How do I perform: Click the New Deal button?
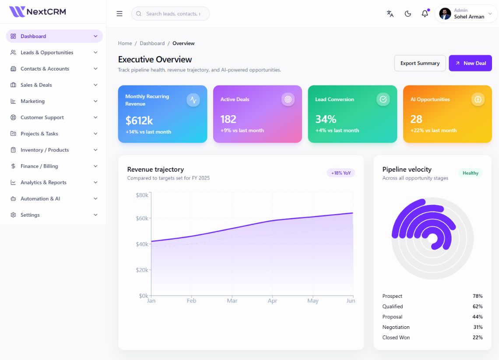[x=470, y=63]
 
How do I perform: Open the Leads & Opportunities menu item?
[x=47, y=53]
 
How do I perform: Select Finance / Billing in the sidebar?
[x=39, y=166]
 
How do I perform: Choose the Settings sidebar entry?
[x=30, y=215]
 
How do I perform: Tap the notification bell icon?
[x=425, y=14]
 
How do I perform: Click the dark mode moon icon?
[x=408, y=14]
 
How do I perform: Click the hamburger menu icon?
[x=119, y=14]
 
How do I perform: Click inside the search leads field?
[x=173, y=14]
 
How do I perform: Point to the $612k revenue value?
[x=139, y=120]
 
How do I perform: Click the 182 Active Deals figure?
[x=228, y=119]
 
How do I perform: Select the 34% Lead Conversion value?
[x=326, y=119]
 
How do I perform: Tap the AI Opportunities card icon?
[x=478, y=99]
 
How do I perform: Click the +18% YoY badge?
[x=341, y=173]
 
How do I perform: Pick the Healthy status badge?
[x=471, y=173]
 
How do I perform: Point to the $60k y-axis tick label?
[x=142, y=218]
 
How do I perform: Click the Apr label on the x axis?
[x=272, y=301]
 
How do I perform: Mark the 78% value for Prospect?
[x=478, y=296]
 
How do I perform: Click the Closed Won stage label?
[x=396, y=337]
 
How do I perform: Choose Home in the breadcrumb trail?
[x=125, y=43]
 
